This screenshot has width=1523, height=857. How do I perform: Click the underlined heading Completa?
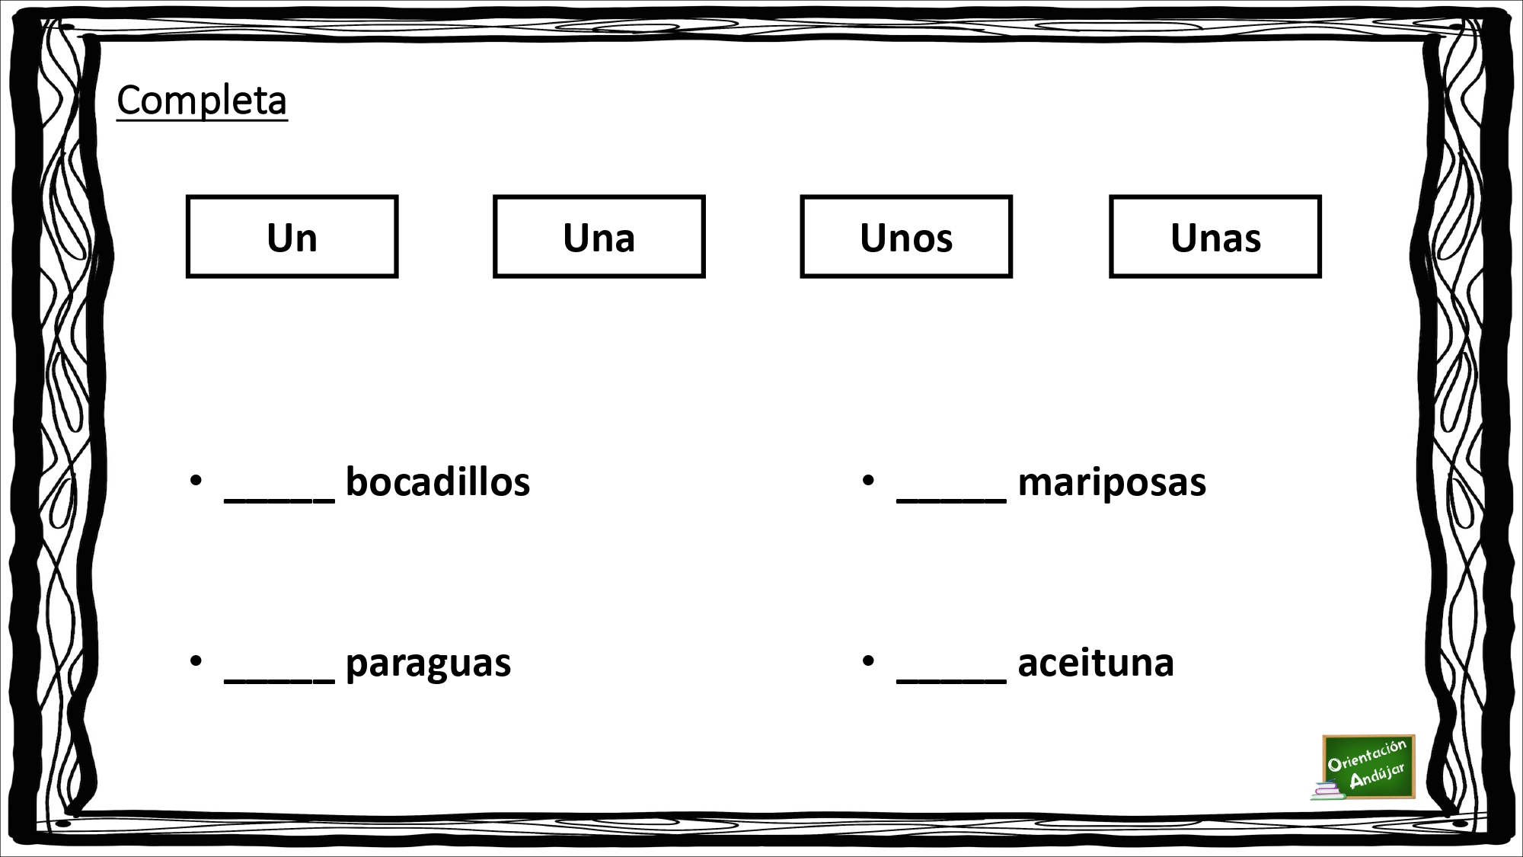[x=202, y=101]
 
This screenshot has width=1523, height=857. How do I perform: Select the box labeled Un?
[x=292, y=237]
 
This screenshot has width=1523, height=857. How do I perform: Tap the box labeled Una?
[x=599, y=237]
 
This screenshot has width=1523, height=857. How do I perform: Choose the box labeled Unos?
[x=906, y=237]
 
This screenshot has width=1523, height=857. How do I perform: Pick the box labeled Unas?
[x=1215, y=237]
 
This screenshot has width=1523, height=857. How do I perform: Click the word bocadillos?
[x=438, y=482]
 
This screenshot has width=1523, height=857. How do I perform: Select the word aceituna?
[x=1096, y=662]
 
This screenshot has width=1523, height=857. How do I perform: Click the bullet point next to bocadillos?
[x=196, y=481]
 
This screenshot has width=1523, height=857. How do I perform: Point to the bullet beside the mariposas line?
[x=869, y=481]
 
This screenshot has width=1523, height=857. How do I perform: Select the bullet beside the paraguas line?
[x=196, y=661]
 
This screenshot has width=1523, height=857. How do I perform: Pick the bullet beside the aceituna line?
[x=869, y=661]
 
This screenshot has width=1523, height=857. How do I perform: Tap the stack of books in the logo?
[x=1327, y=791]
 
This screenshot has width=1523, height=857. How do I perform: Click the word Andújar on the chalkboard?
[x=1377, y=775]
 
